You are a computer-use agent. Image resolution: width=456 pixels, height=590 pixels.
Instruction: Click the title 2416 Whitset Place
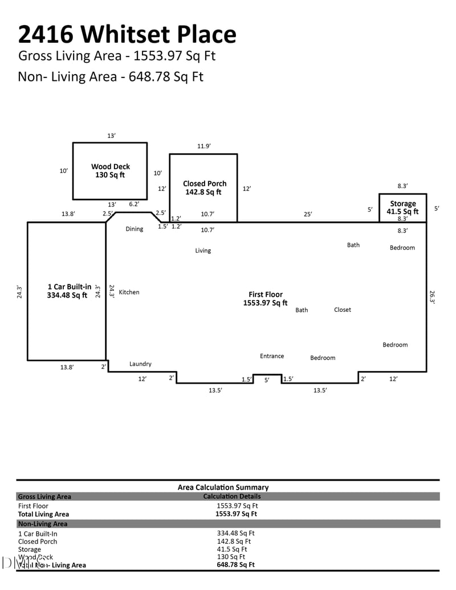tap(127, 34)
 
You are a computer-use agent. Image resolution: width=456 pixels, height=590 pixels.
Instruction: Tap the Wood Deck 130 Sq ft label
tap(110, 171)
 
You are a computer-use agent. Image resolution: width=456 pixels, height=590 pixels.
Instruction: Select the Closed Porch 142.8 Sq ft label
tap(204, 188)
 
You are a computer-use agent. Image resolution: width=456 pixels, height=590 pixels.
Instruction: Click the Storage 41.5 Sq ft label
tap(402, 207)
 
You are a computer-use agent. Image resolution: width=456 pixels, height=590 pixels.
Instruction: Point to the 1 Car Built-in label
tap(68, 291)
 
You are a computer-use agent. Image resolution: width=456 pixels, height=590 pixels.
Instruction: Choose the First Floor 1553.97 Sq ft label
tap(265, 299)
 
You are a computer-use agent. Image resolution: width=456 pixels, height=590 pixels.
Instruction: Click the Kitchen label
tap(129, 292)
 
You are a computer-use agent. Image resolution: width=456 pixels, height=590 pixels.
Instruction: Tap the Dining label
tap(134, 229)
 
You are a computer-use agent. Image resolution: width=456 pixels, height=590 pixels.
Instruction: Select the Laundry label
tap(140, 364)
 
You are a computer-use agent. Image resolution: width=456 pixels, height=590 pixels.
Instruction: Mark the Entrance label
tap(272, 356)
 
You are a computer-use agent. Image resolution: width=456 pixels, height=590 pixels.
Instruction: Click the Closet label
tap(342, 310)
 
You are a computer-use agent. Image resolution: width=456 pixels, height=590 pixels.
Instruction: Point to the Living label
tap(202, 251)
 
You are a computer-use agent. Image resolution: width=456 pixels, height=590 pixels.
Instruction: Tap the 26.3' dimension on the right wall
tap(432, 297)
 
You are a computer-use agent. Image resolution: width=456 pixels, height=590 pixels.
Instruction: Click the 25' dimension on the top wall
tap(307, 214)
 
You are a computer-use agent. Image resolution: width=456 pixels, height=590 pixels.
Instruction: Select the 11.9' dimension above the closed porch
tap(203, 147)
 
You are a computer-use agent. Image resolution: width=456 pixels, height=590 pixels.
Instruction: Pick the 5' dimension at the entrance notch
tap(266, 380)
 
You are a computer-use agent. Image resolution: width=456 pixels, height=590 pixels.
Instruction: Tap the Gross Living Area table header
tap(44, 497)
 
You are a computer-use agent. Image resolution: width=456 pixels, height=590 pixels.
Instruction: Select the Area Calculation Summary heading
tap(223, 487)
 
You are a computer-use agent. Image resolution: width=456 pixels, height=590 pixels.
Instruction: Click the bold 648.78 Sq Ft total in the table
tap(235, 564)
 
